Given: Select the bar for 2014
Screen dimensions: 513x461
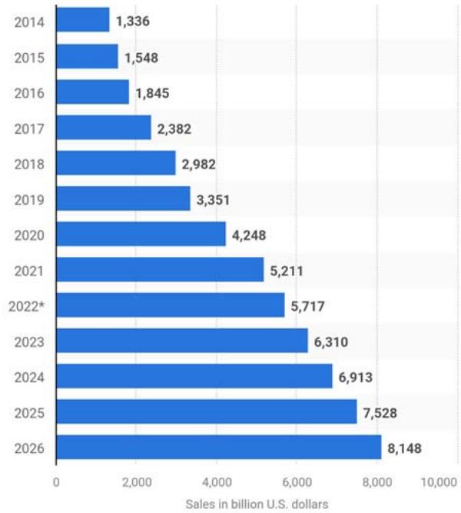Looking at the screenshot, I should (x=83, y=20).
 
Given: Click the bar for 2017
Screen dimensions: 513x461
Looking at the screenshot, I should (x=104, y=128).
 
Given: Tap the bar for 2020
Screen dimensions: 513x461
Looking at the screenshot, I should (x=141, y=234).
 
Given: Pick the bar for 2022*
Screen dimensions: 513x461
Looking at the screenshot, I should (x=171, y=305).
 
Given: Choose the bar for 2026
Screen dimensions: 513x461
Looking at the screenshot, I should (x=219, y=447).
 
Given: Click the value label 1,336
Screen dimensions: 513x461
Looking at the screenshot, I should (x=133, y=21).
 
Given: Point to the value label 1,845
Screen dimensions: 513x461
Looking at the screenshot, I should (x=152, y=92).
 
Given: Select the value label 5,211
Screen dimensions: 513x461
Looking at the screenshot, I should (x=287, y=270).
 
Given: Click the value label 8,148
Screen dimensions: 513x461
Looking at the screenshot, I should (x=404, y=448).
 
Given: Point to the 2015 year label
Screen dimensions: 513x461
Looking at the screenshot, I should (x=29, y=57).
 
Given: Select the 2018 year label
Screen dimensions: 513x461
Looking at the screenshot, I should (x=29, y=164).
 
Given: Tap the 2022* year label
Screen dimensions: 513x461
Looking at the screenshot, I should (x=26, y=306).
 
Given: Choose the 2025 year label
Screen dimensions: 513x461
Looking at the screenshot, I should (x=29, y=412).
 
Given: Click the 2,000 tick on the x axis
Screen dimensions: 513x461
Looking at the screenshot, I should (x=136, y=482).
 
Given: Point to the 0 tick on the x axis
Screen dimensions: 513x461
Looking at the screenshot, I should (x=56, y=482).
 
